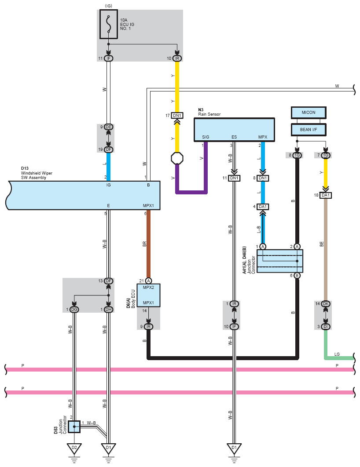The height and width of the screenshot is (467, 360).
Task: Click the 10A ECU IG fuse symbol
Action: [x=108, y=24]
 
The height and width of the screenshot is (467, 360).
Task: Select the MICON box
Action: [x=309, y=113]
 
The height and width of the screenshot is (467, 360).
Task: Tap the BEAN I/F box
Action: [x=309, y=130]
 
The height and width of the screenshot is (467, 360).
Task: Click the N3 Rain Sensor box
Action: [x=234, y=130]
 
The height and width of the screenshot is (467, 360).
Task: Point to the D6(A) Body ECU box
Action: [x=148, y=295]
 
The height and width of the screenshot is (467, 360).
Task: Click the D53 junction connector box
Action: [x=74, y=427]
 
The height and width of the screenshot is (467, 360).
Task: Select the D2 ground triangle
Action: [x=74, y=448]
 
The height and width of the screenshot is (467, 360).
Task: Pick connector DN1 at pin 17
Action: [x=177, y=115]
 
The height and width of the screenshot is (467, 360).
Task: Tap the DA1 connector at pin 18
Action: [x=326, y=195]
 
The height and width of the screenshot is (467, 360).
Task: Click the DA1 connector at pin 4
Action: [x=263, y=206]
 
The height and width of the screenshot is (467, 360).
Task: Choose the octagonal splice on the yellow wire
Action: [x=177, y=158]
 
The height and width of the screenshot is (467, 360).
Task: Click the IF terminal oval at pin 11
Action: [x=108, y=58]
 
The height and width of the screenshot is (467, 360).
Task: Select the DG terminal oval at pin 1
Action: [x=74, y=310]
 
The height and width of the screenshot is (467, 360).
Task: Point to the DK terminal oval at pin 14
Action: [x=326, y=304]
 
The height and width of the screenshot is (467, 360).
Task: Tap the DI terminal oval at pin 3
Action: [x=326, y=326]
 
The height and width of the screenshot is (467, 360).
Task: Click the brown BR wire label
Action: [x=144, y=244]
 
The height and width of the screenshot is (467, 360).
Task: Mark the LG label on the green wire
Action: [x=337, y=354]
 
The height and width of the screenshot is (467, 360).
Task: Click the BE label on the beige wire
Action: [x=322, y=244]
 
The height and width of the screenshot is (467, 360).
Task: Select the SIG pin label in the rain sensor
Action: [x=206, y=137]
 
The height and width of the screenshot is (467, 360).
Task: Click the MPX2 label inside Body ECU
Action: [x=148, y=288]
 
